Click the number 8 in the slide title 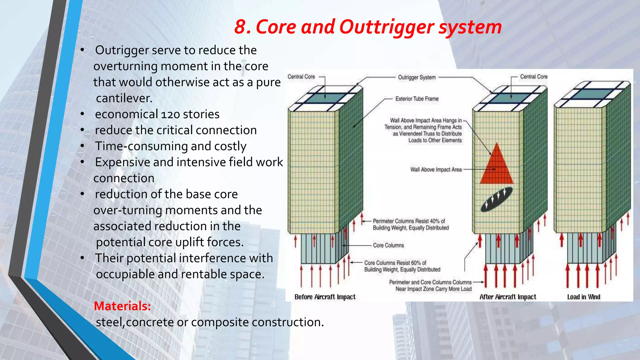[x=242, y=27]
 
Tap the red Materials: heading [x=122, y=306]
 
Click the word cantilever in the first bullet [x=124, y=98]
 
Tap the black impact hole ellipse [x=496, y=199]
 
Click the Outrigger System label [x=417, y=77]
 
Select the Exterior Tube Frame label [x=417, y=99]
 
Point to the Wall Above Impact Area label [x=436, y=170]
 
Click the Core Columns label [x=388, y=246]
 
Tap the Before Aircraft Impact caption [x=325, y=297]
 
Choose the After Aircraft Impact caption [x=507, y=297]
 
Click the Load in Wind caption [x=583, y=297]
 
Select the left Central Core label [x=301, y=77]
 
